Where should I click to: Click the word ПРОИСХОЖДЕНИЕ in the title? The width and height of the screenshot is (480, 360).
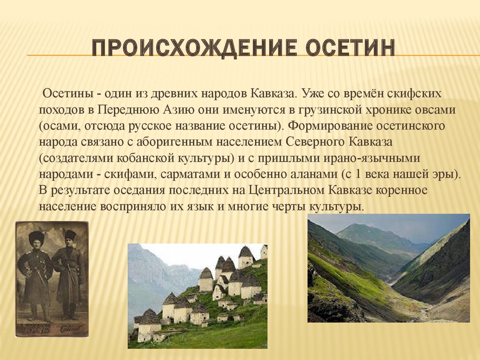194,48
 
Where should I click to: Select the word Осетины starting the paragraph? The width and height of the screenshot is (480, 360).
67,93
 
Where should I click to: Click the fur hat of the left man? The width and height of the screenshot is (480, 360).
37,238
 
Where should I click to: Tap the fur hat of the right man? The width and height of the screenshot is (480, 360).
70,234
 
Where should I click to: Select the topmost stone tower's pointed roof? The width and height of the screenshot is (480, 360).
247,252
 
